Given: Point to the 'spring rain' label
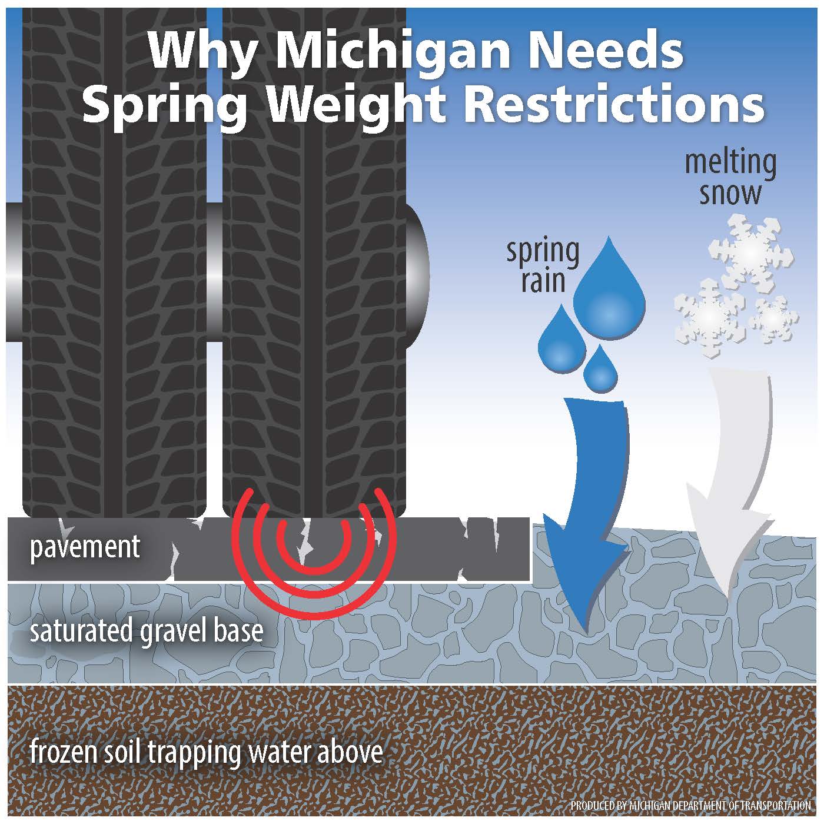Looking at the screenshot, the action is tap(543, 265).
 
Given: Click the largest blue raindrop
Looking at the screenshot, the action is tap(609, 290).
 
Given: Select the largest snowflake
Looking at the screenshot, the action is tap(750, 254).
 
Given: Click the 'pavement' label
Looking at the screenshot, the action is tap(85, 547).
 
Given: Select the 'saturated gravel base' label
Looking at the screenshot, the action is tap(146, 631).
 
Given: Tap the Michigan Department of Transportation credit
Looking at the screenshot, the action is tap(690, 806).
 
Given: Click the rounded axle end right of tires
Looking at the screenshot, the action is tap(417, 274).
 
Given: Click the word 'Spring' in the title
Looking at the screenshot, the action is tap(165, 107).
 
